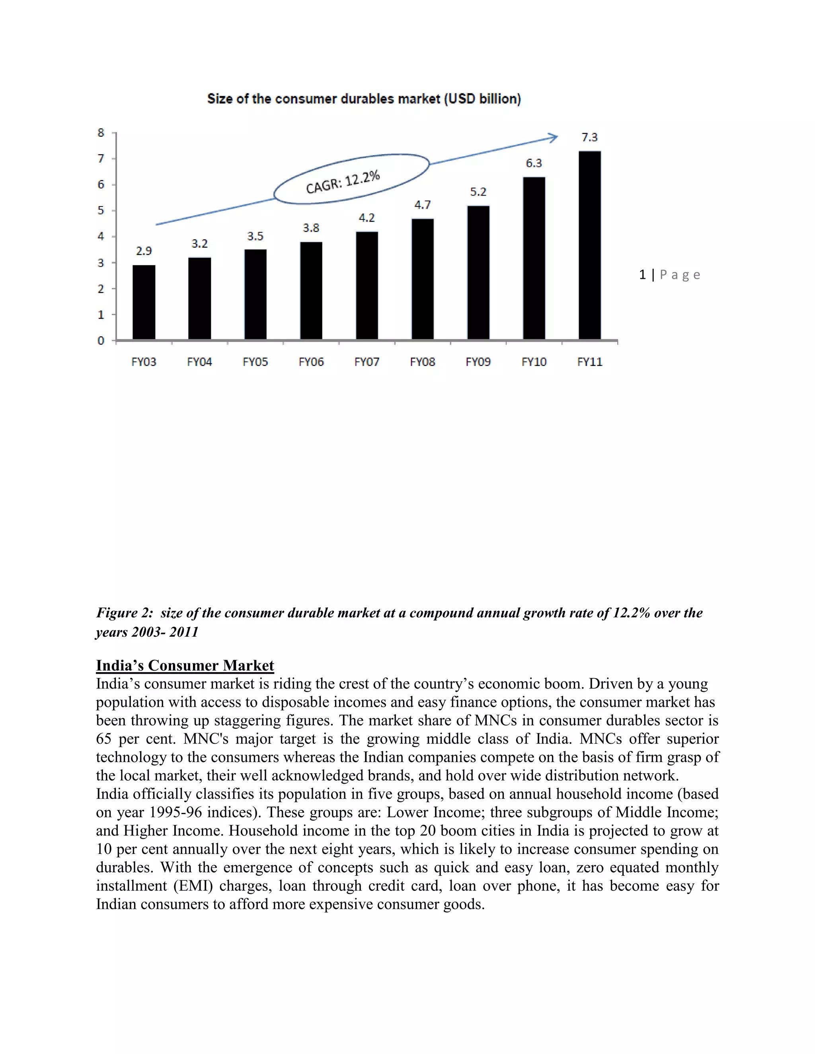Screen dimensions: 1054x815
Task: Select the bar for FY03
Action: tap(144, 302)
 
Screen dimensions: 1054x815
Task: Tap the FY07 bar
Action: tap(367, 285)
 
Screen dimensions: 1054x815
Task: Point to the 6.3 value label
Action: tap(534, 163)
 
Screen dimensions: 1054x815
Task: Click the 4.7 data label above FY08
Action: tap(423, 205)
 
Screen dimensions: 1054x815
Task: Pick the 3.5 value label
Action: tap(255, 237)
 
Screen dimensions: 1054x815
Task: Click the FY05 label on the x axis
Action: tap(255, 362)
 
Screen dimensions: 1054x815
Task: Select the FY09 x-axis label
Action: tap(478, 362)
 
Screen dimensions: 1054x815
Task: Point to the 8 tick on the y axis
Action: tap(101, 133)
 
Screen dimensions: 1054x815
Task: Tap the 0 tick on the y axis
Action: tap(101, 341)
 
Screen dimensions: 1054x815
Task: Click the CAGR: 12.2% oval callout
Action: tap(351, 179)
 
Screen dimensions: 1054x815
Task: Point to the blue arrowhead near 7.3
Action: tap(553, 138)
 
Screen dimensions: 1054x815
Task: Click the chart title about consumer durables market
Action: tap(364, 99)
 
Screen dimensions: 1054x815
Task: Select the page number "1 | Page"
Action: tap(669, 275)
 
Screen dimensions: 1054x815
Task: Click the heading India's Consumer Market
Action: tap(185, 665)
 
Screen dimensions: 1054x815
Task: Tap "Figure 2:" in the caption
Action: tap(125, 613)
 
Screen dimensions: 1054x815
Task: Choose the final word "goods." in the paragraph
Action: tap(464, 904)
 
